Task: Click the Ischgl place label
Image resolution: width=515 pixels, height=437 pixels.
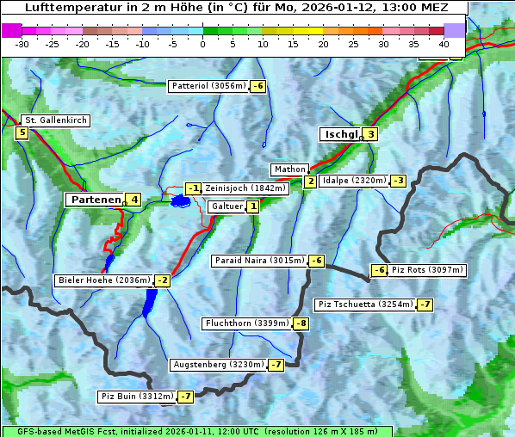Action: click(340, 134)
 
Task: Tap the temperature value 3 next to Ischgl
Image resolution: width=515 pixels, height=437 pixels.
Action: click(370, 134)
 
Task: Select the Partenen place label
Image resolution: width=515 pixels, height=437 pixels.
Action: click(95, 200)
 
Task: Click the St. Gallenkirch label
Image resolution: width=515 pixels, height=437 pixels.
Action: click(55, 120)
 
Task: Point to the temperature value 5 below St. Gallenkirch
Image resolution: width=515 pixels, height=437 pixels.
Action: click(22, 132)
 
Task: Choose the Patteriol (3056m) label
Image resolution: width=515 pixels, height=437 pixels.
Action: click(209, 86)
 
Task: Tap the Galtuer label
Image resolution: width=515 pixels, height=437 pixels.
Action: click(226, 206)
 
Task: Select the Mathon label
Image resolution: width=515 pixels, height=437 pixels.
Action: click(289, 169)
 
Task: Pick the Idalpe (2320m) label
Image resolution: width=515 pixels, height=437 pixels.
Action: click(353, 181)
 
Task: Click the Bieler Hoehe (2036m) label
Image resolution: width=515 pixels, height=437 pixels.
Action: click(103, 280)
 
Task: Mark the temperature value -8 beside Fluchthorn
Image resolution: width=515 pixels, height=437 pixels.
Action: click(301, 324)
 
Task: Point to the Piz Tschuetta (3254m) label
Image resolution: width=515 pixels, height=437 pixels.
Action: click(365, 305)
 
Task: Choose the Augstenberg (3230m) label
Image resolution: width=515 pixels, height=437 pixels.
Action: click(218, 365)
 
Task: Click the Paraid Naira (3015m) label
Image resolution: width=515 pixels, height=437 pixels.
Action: click(259, 261)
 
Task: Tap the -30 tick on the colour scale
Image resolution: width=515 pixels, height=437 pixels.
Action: click(23, 43)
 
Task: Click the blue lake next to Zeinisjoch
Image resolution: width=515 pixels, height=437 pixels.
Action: click(180, 200)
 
